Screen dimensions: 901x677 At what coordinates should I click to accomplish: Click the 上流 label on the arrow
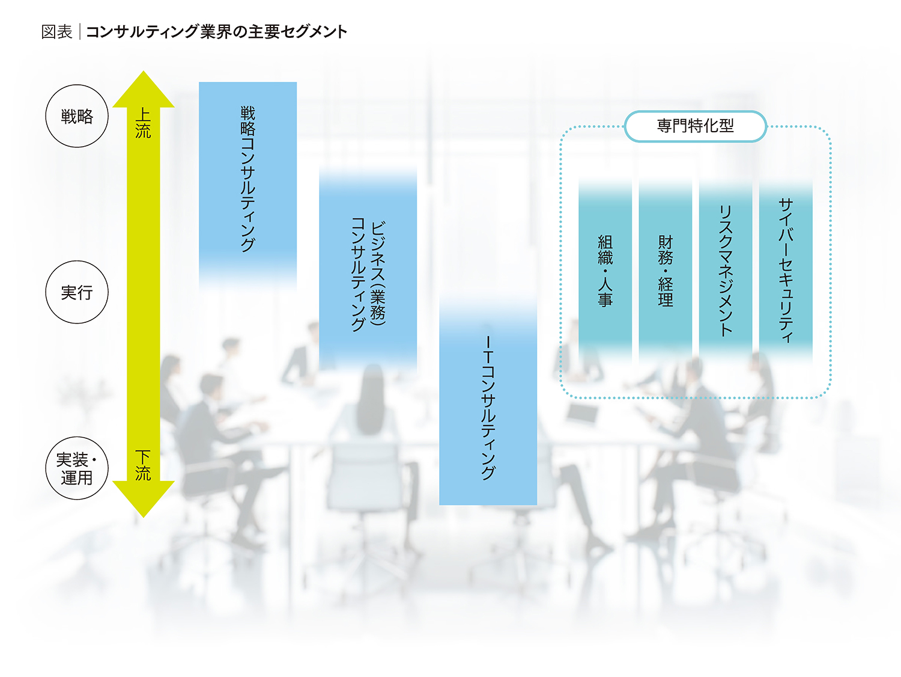pyautogui.click(x=143, y=123)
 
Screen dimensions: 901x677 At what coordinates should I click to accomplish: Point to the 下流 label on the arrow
pyautogui.click(x=143, y=465)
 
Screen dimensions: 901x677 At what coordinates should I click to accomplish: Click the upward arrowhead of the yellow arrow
pyautogui.click(x=143, y=89)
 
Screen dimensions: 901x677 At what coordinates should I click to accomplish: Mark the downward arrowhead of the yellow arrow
pyautogui.click(x=143, y=499)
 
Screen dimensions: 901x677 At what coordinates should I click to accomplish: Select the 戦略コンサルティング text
pyautogui.click(x=247, y=179)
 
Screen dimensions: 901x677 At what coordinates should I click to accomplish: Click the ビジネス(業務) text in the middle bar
pyautogui.click(x=378, y=273)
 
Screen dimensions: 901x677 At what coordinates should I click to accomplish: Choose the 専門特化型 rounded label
pyautogui.click(x=695, y=126)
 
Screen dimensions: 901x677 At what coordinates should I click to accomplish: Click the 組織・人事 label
pyautogui.click(x=605, y=271)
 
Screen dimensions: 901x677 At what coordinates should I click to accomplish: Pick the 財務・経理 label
pyautogui.click(x=666, y=271)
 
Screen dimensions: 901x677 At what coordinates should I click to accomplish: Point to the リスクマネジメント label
pyautogui.click(x=726, y=271)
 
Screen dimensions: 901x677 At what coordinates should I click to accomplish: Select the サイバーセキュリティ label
pyautogui.click(x=786, y=271)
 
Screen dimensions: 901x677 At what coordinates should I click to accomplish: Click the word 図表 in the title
pyautogui.click(x=56, y=32)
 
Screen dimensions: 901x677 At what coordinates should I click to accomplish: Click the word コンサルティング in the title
pyautogui.click(x=142, y=32)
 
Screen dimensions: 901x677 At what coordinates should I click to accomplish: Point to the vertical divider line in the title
pyautogui.click(x=80, y=32)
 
